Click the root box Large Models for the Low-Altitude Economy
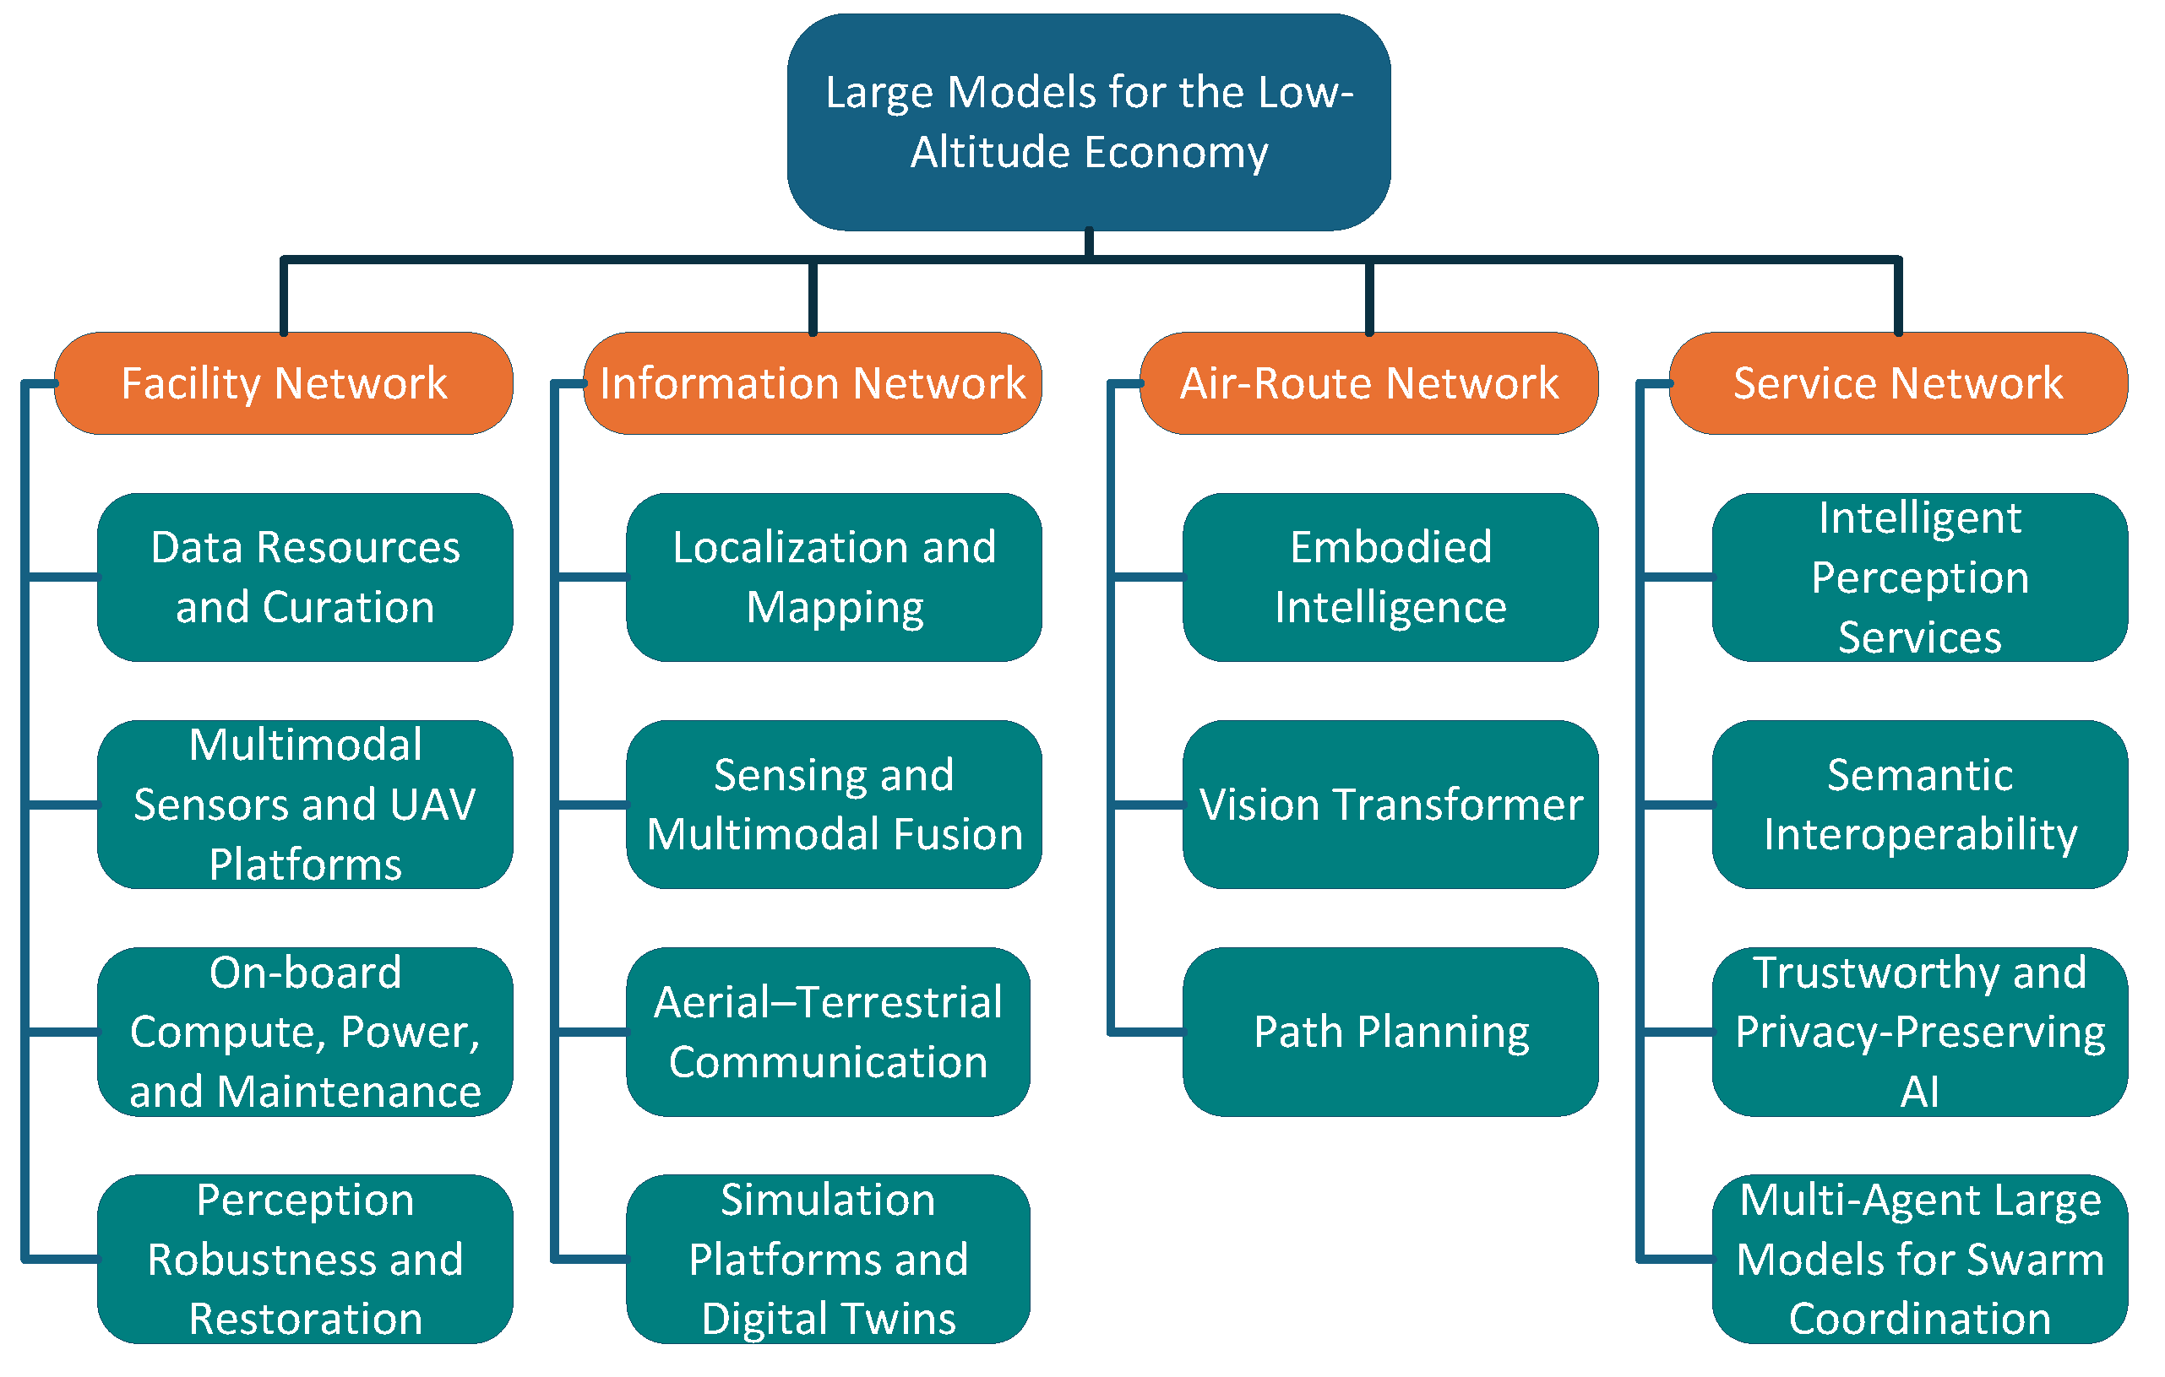1089,122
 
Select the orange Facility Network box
284,384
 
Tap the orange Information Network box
813,384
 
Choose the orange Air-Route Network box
1369,384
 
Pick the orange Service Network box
1899,384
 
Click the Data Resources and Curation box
306,577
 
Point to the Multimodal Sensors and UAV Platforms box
306,805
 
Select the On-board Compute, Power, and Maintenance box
306,1032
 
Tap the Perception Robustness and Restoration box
306,1260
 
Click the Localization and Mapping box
835,577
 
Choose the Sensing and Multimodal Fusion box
835,805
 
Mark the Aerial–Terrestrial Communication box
828,1032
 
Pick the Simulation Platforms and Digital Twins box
828,1260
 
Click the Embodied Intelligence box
1391,577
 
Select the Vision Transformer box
1391,805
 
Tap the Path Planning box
1391,1032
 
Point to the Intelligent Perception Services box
1920,577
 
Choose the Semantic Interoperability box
1920,805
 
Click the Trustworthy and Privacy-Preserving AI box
1920,1032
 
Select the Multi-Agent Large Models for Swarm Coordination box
1920,1260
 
